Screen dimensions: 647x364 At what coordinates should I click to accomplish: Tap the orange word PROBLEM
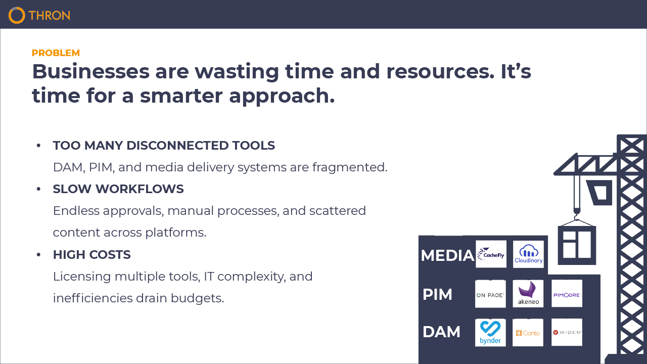pyautogui.click(x=56, y=53)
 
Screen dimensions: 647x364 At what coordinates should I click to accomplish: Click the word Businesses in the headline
pyautogui.click(x=90, y=71)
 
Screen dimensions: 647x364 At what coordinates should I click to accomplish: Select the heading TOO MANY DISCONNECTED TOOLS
pyautogui.click(x=164, y=145)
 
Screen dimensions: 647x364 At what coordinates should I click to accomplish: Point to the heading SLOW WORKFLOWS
pyautogui.click(x=118, y=189)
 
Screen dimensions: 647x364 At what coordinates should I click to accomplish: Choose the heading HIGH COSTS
pyautogui.click(x=92, y=254)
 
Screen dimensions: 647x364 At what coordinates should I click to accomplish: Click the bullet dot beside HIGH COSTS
pyautogui.click(x=38, y=254)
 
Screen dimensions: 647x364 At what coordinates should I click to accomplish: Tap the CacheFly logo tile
pyautogui.click(x=491, y=254)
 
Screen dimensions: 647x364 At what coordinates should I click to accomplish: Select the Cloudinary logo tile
pyautogui.click(x=528, y=254)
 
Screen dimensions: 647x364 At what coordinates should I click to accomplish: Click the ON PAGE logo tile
pyautogui.click(x=490, y=294)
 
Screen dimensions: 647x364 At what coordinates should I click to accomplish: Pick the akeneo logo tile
pyautogui.click(x=528, y=294)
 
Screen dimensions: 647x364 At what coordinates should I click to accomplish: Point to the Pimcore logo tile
pyautogui.click(x=567, y=293)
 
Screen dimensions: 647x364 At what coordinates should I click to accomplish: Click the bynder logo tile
pyautogui.click(x=490, y=333)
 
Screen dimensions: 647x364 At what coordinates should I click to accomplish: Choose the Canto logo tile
pyautogui.click(x=528, y=333)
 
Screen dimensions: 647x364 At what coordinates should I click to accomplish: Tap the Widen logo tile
pyautogui.click(x=567, y=332)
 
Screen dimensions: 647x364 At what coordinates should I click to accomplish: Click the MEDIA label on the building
pyautogui.click(x=447, y=255)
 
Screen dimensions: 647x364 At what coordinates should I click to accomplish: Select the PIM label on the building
pyautogui.click(x=437, y=294)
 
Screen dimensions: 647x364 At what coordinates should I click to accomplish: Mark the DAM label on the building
pyautogui.click(x=441, y=332)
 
